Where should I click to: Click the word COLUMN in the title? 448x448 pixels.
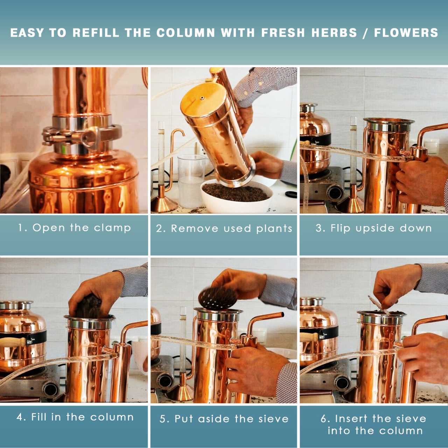[185, 33]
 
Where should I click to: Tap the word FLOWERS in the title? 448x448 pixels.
[406, 33]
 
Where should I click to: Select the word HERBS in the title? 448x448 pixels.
[334, 33]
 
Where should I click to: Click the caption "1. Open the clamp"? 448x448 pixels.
[75, 228]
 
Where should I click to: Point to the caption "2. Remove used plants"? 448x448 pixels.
[224, 229]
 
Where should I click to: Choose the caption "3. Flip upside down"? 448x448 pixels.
[373, 228]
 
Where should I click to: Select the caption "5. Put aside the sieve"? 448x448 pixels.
[224, 419]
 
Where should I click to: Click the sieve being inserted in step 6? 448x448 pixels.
[378, 304]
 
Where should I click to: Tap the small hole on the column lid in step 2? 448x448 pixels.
[202, 98]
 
